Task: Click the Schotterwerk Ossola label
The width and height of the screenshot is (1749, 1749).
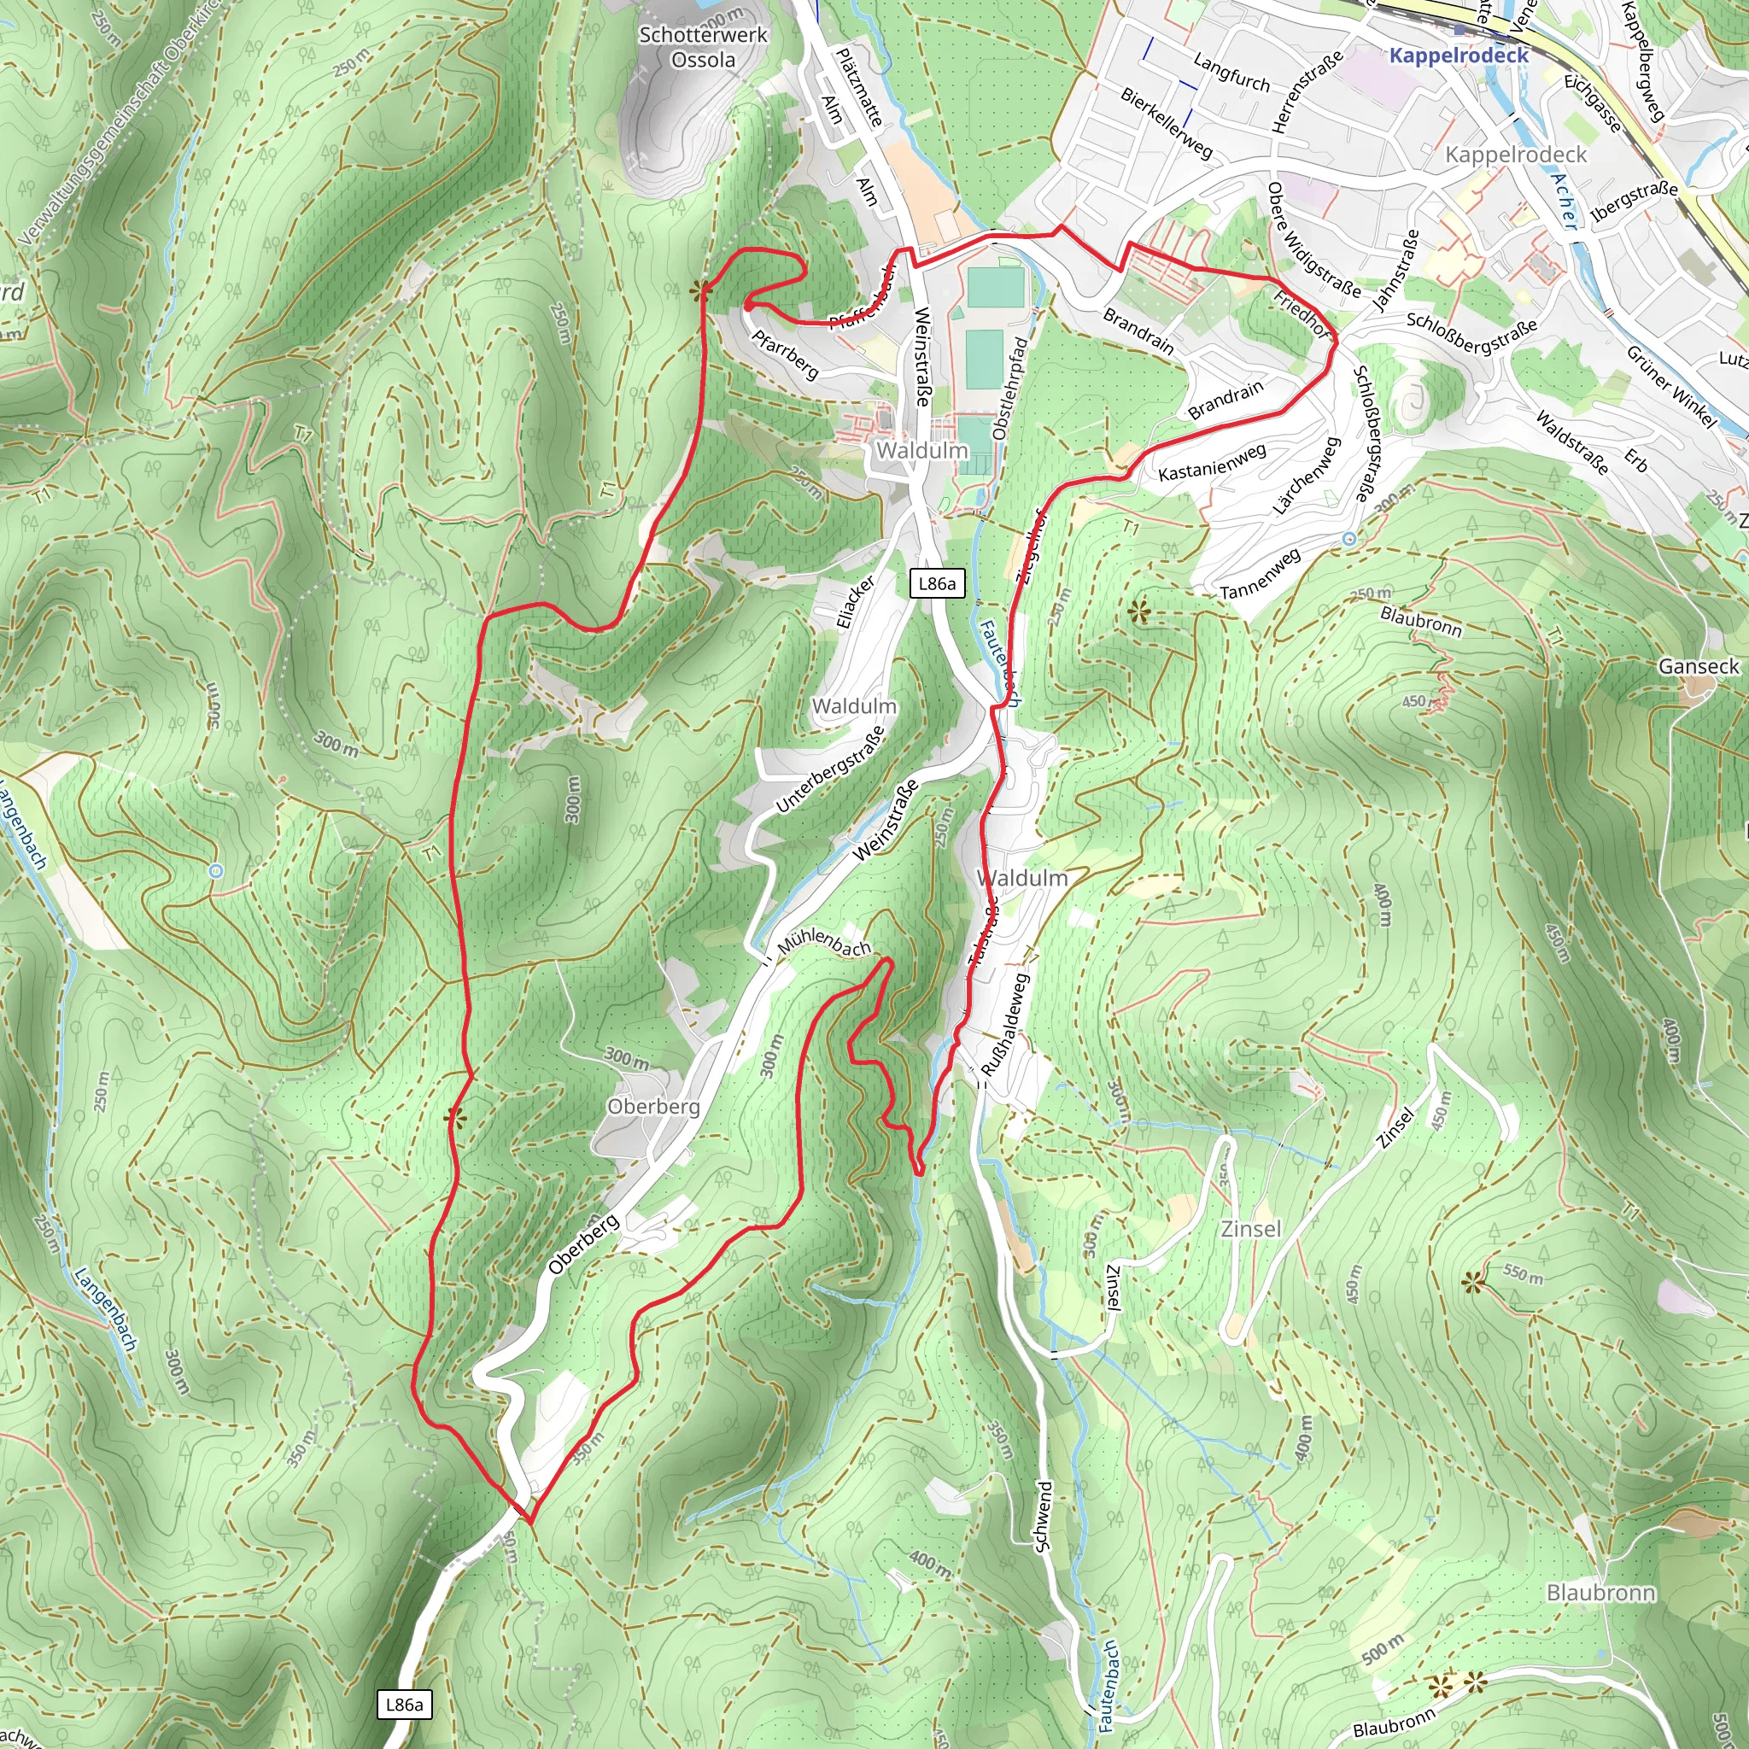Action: (703, 47)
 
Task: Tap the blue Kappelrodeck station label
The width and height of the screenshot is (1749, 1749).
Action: (1459, 56)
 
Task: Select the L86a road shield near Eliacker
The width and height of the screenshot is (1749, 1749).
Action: (936, 584)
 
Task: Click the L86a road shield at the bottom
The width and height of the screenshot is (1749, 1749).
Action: (404, 1705)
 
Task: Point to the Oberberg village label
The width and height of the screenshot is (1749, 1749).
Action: (653, 1106)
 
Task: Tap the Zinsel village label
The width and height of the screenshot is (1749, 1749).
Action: (1251, 1228)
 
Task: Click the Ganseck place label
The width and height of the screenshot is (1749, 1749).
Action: (1699, 666)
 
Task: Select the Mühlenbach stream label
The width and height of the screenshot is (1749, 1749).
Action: (824, 940)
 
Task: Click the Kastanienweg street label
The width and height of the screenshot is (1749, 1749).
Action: (1211, 463)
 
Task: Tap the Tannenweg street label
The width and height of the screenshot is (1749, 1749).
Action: (1261, 573)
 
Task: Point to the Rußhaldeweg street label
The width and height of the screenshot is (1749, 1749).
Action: (1006, 1024)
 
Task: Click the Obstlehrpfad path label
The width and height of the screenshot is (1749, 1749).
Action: (1010, 389)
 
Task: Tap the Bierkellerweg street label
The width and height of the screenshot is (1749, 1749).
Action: (1166, 122)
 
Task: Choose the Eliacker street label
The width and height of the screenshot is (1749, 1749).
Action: (855, 601)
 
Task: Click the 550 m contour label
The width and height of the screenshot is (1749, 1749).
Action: (1523, 1273)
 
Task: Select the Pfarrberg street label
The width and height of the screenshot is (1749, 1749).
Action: (785, 353)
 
